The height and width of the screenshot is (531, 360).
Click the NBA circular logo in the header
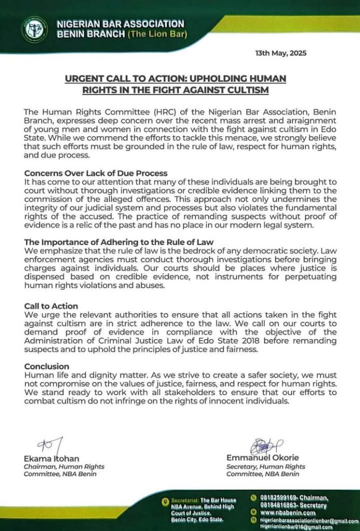coord(35,30)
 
